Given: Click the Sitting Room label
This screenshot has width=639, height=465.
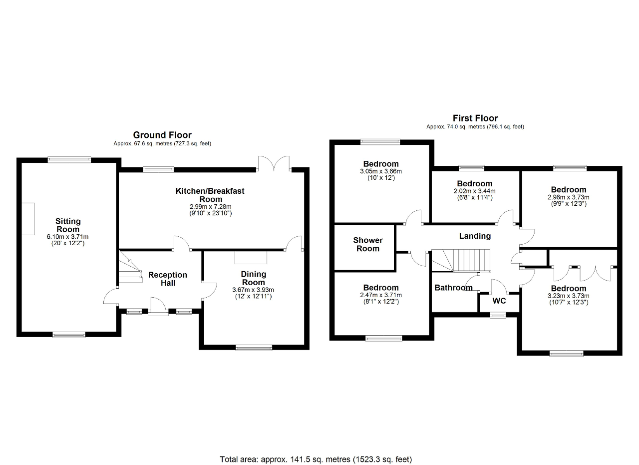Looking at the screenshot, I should point(68,225).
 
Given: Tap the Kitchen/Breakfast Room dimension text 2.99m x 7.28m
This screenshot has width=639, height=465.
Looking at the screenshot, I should point(210,206).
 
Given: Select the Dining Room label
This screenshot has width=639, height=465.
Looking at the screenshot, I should point(254,278).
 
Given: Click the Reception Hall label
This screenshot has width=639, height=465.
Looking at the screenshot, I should point(168,279).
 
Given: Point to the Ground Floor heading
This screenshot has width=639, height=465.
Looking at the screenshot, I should point(162,135).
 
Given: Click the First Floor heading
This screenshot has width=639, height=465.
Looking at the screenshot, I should point(475,118).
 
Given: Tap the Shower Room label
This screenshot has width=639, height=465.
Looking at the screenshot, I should point(368,244).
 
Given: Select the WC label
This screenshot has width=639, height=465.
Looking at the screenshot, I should point(499,301).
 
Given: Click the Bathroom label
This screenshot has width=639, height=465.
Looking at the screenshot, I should point(453,288).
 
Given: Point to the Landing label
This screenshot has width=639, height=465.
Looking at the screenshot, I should point(475,236).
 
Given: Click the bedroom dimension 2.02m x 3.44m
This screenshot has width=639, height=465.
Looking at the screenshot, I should point(475,191).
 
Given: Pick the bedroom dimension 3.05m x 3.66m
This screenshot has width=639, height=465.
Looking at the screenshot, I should point(381,171).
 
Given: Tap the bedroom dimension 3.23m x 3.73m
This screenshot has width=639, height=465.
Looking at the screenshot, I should point(569,296).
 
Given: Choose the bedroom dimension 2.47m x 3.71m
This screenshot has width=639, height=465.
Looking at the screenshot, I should point(381,295).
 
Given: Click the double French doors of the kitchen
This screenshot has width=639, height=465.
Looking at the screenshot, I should point(274,164).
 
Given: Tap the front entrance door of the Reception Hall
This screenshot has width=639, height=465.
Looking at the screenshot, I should point(158,306).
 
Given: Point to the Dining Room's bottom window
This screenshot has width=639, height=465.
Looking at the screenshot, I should point(254,348).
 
